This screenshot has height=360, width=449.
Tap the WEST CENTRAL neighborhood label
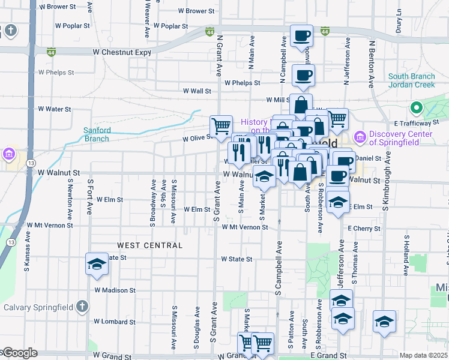(x=149, y=245)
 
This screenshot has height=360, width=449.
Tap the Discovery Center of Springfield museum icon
(x=360, y=138)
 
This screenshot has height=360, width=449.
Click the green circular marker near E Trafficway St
(x=415, y=109)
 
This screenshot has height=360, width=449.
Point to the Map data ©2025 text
(x=423, y=355)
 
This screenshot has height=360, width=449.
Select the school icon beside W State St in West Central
(x=96, y=264)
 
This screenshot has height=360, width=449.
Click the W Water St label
(x=55, y=109)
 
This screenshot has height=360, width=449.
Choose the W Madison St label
(x=115, y=290)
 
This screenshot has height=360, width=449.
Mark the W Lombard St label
(x=114, y=321)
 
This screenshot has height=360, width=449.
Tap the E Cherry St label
(x=364, y=229)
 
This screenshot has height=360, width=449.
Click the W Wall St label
(x=197, y=91)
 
